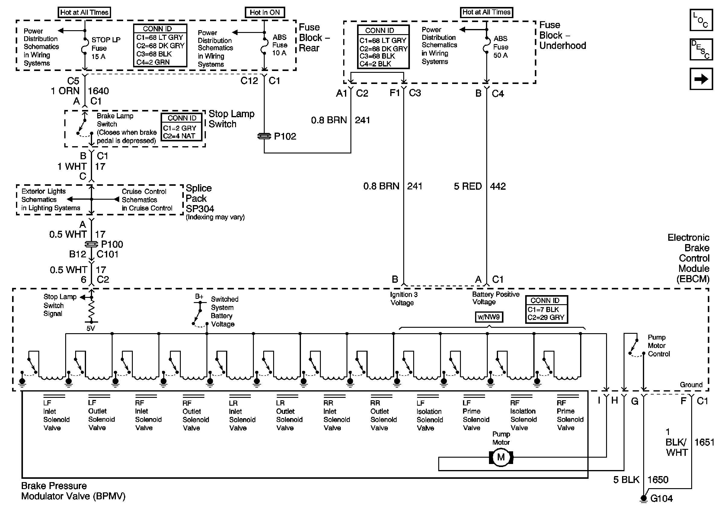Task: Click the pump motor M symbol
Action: [x=501, y=457]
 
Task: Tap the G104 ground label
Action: [x=662, y=498]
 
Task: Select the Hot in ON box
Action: [x=265, y=12]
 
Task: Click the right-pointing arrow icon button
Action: [x=701, y=79]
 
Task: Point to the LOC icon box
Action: [x=701, y=20]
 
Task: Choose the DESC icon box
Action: [x=701, y=49]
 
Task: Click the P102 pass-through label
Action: [x=285, y=136]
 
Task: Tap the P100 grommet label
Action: [x=112, y=244]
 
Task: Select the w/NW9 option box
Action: [x=489, y=317]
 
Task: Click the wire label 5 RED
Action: [x=468, y=186]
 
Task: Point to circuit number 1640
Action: [x=98, y=91]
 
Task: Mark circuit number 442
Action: [x=498, y=186]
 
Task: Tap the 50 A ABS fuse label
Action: [x=500, y=55]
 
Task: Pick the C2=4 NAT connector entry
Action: [x=179, y=136]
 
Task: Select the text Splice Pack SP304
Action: [x=200, y=198]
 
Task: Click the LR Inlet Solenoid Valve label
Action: [x=242, y=415]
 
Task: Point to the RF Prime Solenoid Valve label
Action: [x=570, y=415]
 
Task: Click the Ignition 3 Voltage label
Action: [x=404, y=298]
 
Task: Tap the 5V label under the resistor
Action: [x=91, y=329]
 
